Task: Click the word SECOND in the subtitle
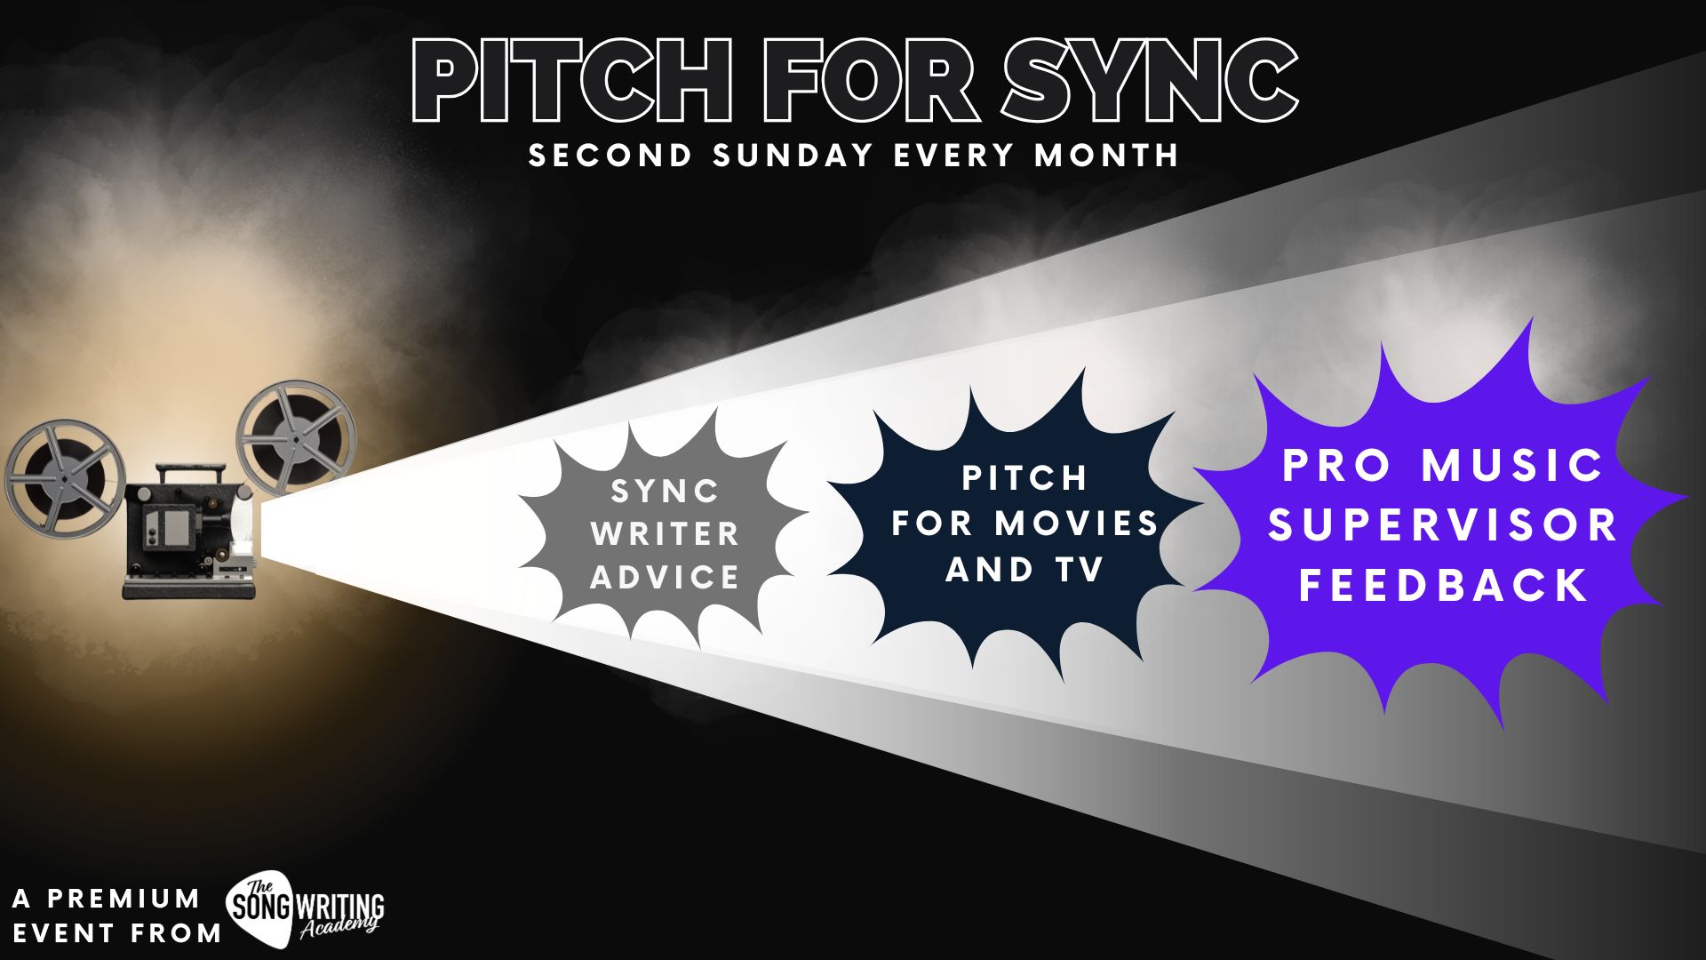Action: click(610, 156)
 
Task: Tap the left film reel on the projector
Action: click(64, 477)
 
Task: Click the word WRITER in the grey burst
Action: click(665, 534)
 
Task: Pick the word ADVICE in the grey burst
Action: click(665, 578)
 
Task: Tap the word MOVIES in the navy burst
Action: click(1077, 524)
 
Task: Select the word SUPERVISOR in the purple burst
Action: click(1443, 525)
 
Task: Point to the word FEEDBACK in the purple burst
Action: click(1444, 586)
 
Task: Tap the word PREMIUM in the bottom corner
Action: click(124, 899)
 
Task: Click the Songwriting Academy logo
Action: click(306, 906)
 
